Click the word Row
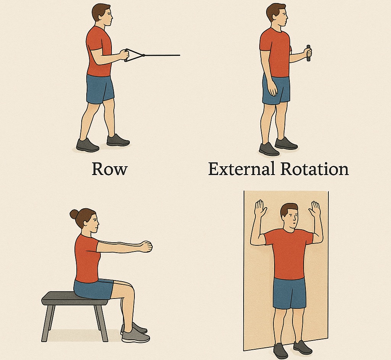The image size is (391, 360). click(110, 169)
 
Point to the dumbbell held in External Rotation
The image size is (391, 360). click(309, 53)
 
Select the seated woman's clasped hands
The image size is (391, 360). click(146, 246)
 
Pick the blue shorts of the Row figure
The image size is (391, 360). click(100, 89)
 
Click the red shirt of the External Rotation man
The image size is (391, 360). click(275, 52)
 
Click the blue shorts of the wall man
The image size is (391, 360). click(289, 294)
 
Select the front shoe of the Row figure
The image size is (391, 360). click(118, 140)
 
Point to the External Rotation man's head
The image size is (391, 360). click(276, 15)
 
